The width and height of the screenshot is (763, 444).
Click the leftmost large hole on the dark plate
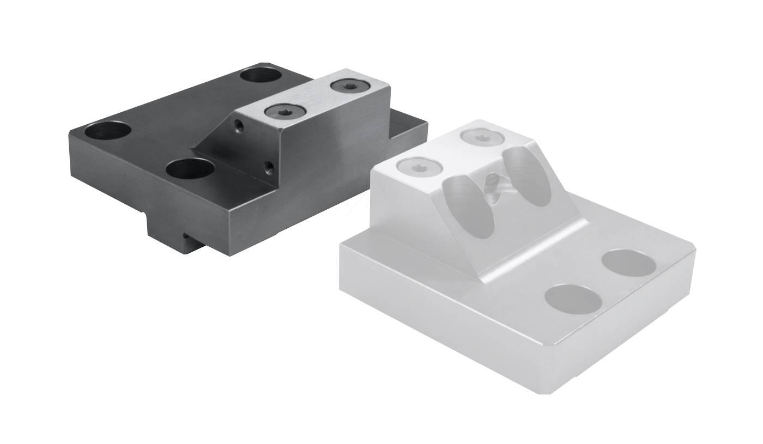108,131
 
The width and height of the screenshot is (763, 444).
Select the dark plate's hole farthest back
260,74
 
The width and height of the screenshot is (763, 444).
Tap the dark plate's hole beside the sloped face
190,168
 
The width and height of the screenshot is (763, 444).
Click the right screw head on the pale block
481,136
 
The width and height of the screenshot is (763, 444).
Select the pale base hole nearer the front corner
573,299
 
